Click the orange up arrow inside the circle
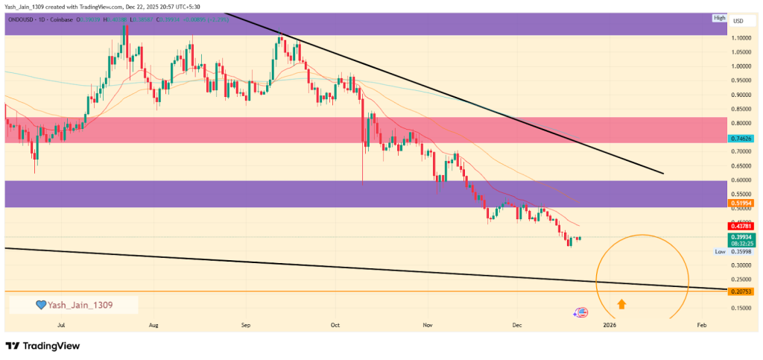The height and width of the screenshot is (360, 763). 621,303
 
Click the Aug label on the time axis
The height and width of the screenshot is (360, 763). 154,325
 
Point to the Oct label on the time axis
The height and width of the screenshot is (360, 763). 335,325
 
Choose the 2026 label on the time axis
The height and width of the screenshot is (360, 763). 610,325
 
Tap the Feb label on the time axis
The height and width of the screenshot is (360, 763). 701,325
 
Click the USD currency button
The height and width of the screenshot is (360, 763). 738,20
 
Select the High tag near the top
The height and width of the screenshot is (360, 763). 719,18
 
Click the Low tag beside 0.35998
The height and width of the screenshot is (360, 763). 720,252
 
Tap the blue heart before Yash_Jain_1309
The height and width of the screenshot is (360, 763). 42,305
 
